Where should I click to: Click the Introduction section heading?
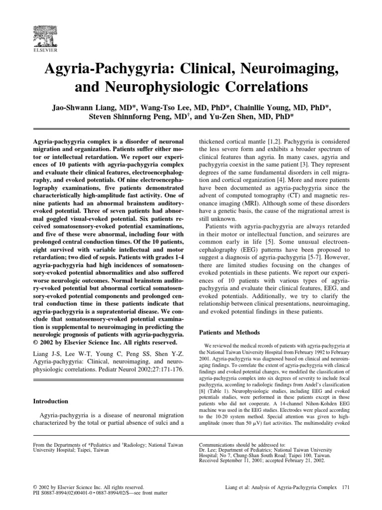[53, 400]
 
